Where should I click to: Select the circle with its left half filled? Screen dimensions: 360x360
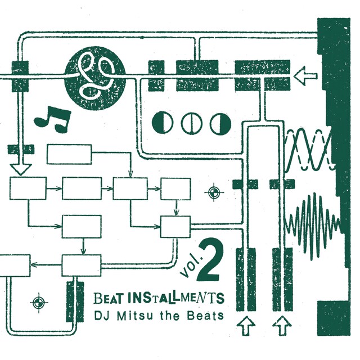pyautogui.click(x=162, y=122)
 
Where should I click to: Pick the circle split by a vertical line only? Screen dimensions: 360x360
pyautogui.click(x=191, y=122)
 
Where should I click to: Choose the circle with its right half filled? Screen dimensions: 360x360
pyautogui.click(x=220, y=122)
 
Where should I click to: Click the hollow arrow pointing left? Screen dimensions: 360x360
pyautogui.click(x=307, y=74)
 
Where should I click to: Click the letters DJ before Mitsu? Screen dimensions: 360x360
pyautogui.click(x=102, y=315)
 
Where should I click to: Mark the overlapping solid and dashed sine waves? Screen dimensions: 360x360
pyautogui.click(x=309, y=150)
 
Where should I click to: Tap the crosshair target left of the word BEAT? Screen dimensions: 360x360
pyautogui.click(x=38, y=303)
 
